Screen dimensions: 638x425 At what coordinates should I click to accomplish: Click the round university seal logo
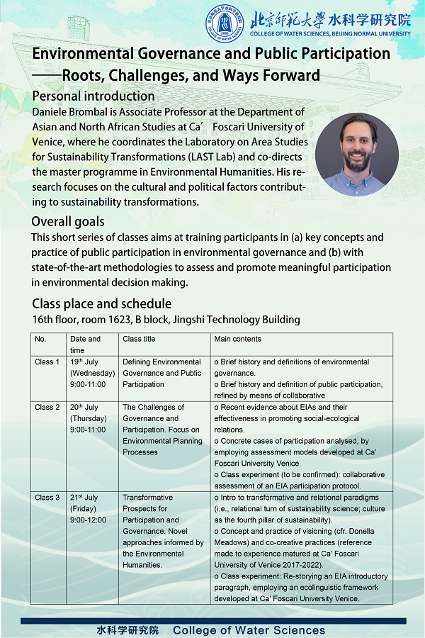222,23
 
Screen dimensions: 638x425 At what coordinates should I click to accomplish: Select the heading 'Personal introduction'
93,96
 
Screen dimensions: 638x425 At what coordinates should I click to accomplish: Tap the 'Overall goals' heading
68,221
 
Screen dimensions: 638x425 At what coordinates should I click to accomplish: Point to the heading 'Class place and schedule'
101,304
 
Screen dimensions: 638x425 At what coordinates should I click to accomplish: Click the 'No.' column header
40,339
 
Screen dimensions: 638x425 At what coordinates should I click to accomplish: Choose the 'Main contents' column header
237,339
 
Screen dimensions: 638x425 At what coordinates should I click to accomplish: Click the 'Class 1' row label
47,362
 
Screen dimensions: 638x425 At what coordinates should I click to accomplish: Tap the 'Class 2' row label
47,408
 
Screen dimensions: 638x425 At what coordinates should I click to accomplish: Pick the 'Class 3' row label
47,498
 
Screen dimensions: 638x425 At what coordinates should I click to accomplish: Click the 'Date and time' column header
85,344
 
